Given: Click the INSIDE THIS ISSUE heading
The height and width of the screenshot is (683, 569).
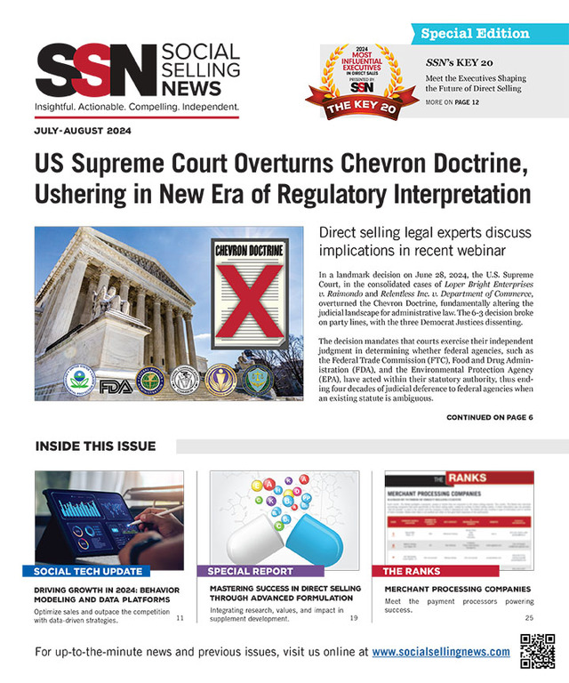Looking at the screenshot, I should click(x=95, y=446).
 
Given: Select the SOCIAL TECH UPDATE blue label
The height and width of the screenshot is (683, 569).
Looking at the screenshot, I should click(x=92, y=570).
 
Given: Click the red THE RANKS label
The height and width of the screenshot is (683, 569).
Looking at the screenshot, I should click(x=413, y=571).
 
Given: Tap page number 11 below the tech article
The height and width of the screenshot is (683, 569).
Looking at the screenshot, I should click(x=180, y=618).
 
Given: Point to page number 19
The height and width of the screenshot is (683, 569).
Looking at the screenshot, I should click(x=354, y=618).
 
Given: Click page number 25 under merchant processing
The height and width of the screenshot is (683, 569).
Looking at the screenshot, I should click(x=528, y=618).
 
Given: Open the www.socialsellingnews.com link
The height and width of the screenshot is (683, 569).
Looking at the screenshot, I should click(x=441, y=652).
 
